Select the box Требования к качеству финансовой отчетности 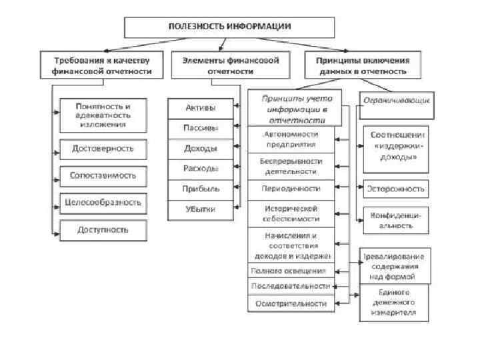(x=102, y=65)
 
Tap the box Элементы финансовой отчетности (x=231, y=65)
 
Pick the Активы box (x=199, y=107)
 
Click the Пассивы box (x=199, y=127)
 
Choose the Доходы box (x=199, y=148)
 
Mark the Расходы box (x=199, y=168)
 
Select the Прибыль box (x=199, y=189)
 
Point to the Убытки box (x=199, y=209)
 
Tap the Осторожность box (x=395, y=189)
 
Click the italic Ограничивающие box (x=397, y=100)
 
